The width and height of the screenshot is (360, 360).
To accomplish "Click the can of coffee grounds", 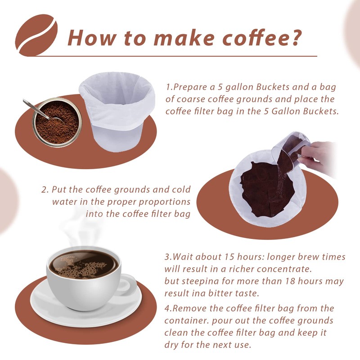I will (x=56, y=122).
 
